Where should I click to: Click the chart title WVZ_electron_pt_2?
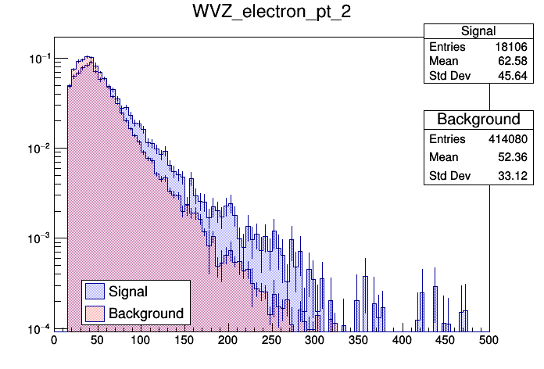click(x=271, y=13)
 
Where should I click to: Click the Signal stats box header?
click(x=478, y=31)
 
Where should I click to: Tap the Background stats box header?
click(x=478, y=120)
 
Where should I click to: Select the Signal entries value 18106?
click(x=512, y=47)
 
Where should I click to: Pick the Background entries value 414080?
click(x=509, y=138)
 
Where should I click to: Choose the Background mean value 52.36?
click(x=516, y=157)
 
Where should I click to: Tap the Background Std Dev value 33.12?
click(x=516, y=176)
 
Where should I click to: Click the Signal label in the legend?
click(x=128, y=292)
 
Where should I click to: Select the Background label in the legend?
click(x=146, y=313)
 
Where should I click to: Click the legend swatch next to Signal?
click(x=95, y=292)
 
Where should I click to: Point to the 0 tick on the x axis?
click(x=54, y=340)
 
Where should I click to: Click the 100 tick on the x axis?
click(x=141, y=340)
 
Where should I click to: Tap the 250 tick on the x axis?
click(x=271, y=340)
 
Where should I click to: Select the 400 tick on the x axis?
click(x=402, y=340)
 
